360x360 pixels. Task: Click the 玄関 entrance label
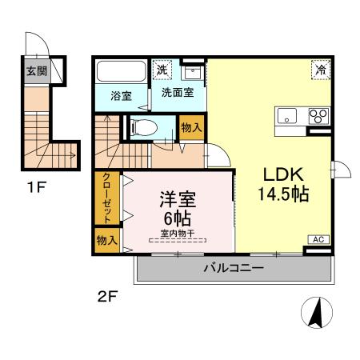(35, 71)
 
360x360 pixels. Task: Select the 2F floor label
(108, 298)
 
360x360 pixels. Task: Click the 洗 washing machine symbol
(162, 70)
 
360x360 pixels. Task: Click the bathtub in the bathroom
(121, 71)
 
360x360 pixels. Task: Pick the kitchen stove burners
(318, 114)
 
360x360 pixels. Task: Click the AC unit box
(318, 239)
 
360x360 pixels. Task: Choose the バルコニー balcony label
(233, 268)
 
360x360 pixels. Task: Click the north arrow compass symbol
(316, 311)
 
